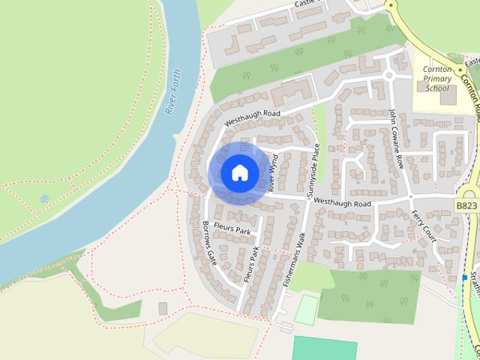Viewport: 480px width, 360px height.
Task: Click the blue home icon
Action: (238, 172)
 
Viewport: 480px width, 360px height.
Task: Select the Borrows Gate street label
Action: (211, 241)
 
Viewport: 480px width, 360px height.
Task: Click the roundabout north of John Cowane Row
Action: (388, 75)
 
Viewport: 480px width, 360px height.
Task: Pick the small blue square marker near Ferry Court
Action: (464, 277)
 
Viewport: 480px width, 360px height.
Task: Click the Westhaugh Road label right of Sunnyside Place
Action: (343, 202)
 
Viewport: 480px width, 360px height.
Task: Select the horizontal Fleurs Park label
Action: (232, 228)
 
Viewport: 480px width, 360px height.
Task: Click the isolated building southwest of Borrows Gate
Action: (163, 308)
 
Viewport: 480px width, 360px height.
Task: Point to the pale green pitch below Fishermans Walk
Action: (306, 310)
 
